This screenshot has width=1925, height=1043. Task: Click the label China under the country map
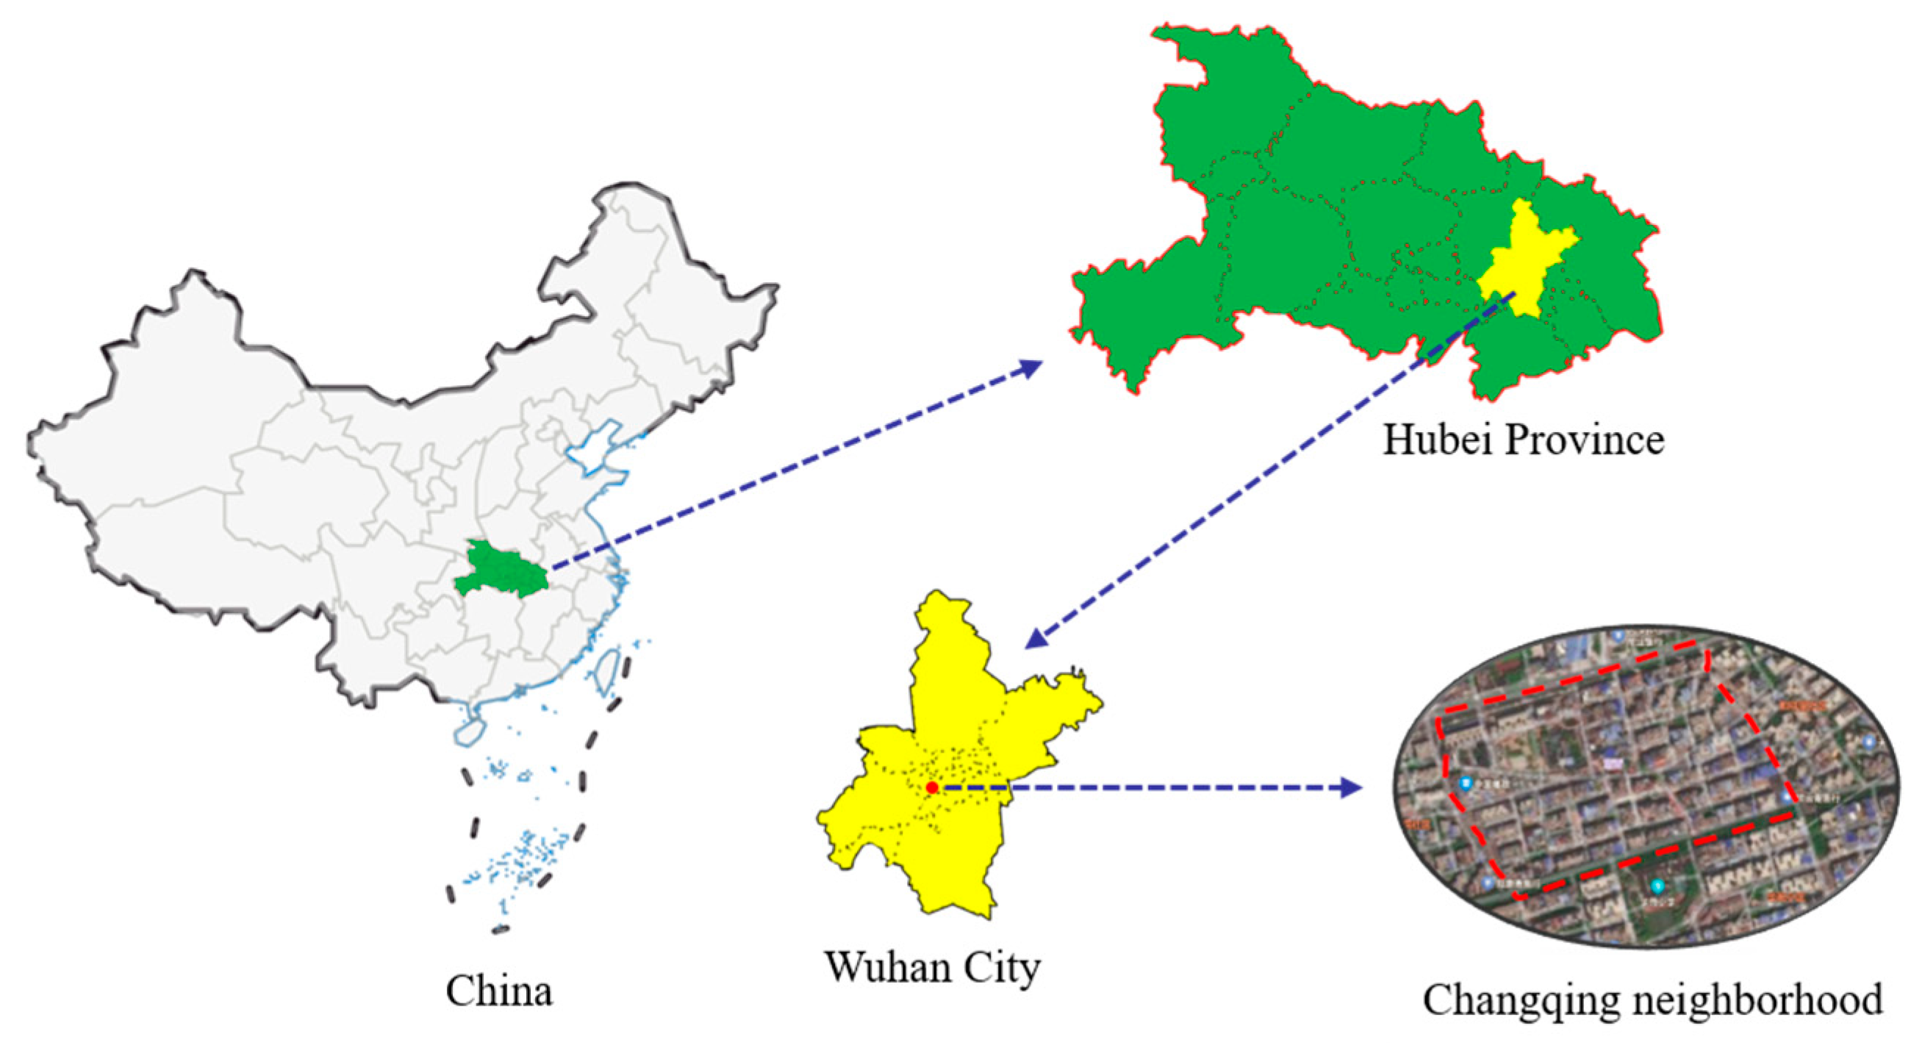coord(499,992)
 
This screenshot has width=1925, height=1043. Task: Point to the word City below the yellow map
coord(1001,967)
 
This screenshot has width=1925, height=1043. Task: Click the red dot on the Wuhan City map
coord(931,787)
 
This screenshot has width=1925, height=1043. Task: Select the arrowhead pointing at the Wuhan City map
coord(1035,638)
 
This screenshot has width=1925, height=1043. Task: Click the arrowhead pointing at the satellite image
coord(1351,787)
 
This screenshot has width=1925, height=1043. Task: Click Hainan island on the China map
coord(468,731)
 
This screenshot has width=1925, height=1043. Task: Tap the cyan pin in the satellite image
coord(1657,887)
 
